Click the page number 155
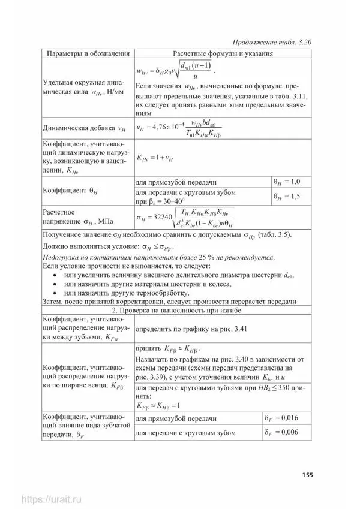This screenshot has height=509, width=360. click(307, 475)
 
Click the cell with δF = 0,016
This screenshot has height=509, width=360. click(284, 418)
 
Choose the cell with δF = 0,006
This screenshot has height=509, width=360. click(284, 433)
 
